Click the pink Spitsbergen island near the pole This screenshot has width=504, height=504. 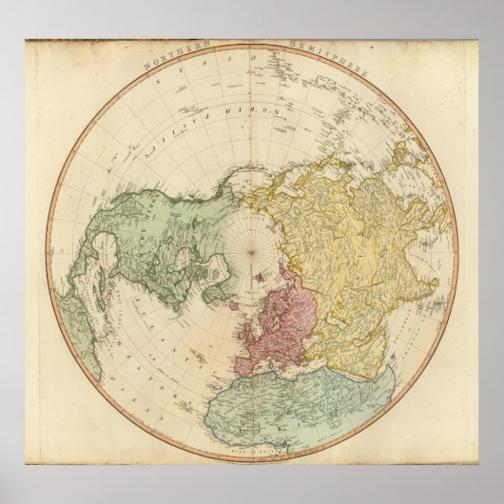tap(260, 278)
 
